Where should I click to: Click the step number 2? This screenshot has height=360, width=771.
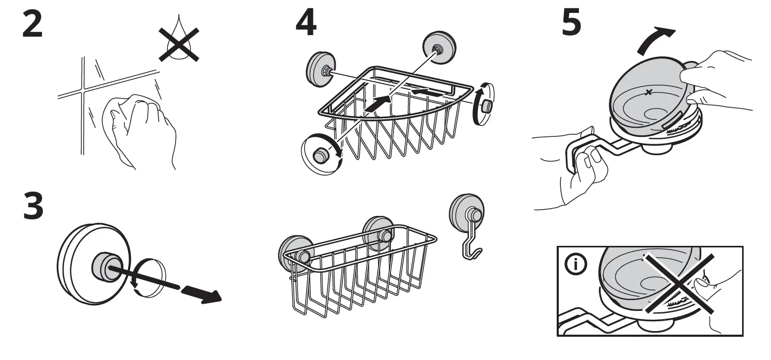[32, 25]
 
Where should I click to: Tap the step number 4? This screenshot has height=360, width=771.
[306, 25]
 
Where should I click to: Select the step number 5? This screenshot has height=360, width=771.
[571, 25]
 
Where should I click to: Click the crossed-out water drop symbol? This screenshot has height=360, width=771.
[178, 44]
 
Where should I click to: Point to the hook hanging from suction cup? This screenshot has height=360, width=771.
[471, 243]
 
